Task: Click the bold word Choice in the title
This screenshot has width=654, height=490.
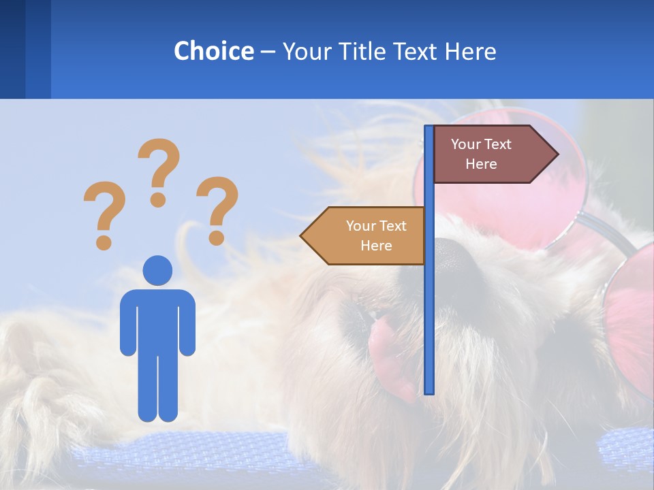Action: [213, 51]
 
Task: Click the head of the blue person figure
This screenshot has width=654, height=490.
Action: [158, 270]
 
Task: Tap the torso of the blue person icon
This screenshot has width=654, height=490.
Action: [158, 320]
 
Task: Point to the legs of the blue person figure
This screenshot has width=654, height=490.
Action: [158, 388]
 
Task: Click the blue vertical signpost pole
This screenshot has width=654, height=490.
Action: [429, 306]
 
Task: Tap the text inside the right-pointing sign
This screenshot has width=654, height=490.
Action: [481, 154]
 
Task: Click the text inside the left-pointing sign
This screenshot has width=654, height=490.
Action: [376, 235]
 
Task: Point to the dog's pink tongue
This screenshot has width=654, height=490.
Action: [388, 347]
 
